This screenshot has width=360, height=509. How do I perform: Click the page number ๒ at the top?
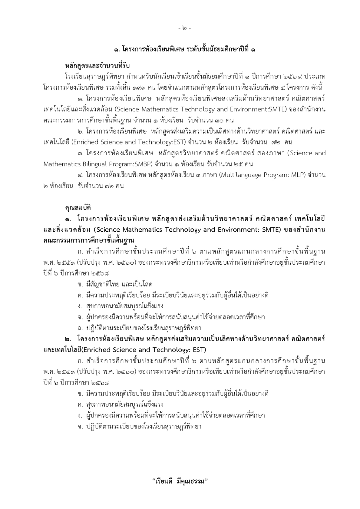184,28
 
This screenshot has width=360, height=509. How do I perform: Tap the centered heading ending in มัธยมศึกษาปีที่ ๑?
184,50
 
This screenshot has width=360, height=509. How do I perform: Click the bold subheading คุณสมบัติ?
78,208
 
